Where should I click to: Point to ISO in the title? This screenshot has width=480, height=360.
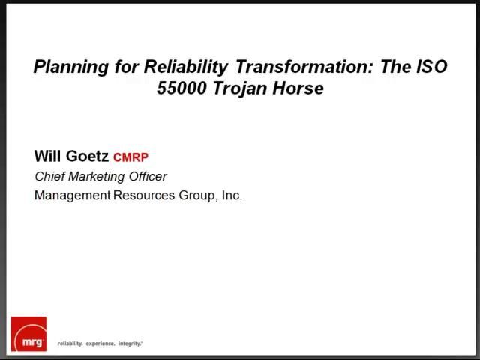coord(431,67)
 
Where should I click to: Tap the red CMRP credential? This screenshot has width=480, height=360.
coord(130,157)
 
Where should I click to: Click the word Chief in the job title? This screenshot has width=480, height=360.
coord(51,177)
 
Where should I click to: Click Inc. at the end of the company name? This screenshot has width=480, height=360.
coord(231,196)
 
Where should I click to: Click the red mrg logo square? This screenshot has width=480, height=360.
coord(28,334)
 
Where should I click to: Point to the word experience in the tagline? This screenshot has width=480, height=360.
coord(99,343)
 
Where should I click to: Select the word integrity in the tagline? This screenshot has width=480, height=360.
coord(129,343)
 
